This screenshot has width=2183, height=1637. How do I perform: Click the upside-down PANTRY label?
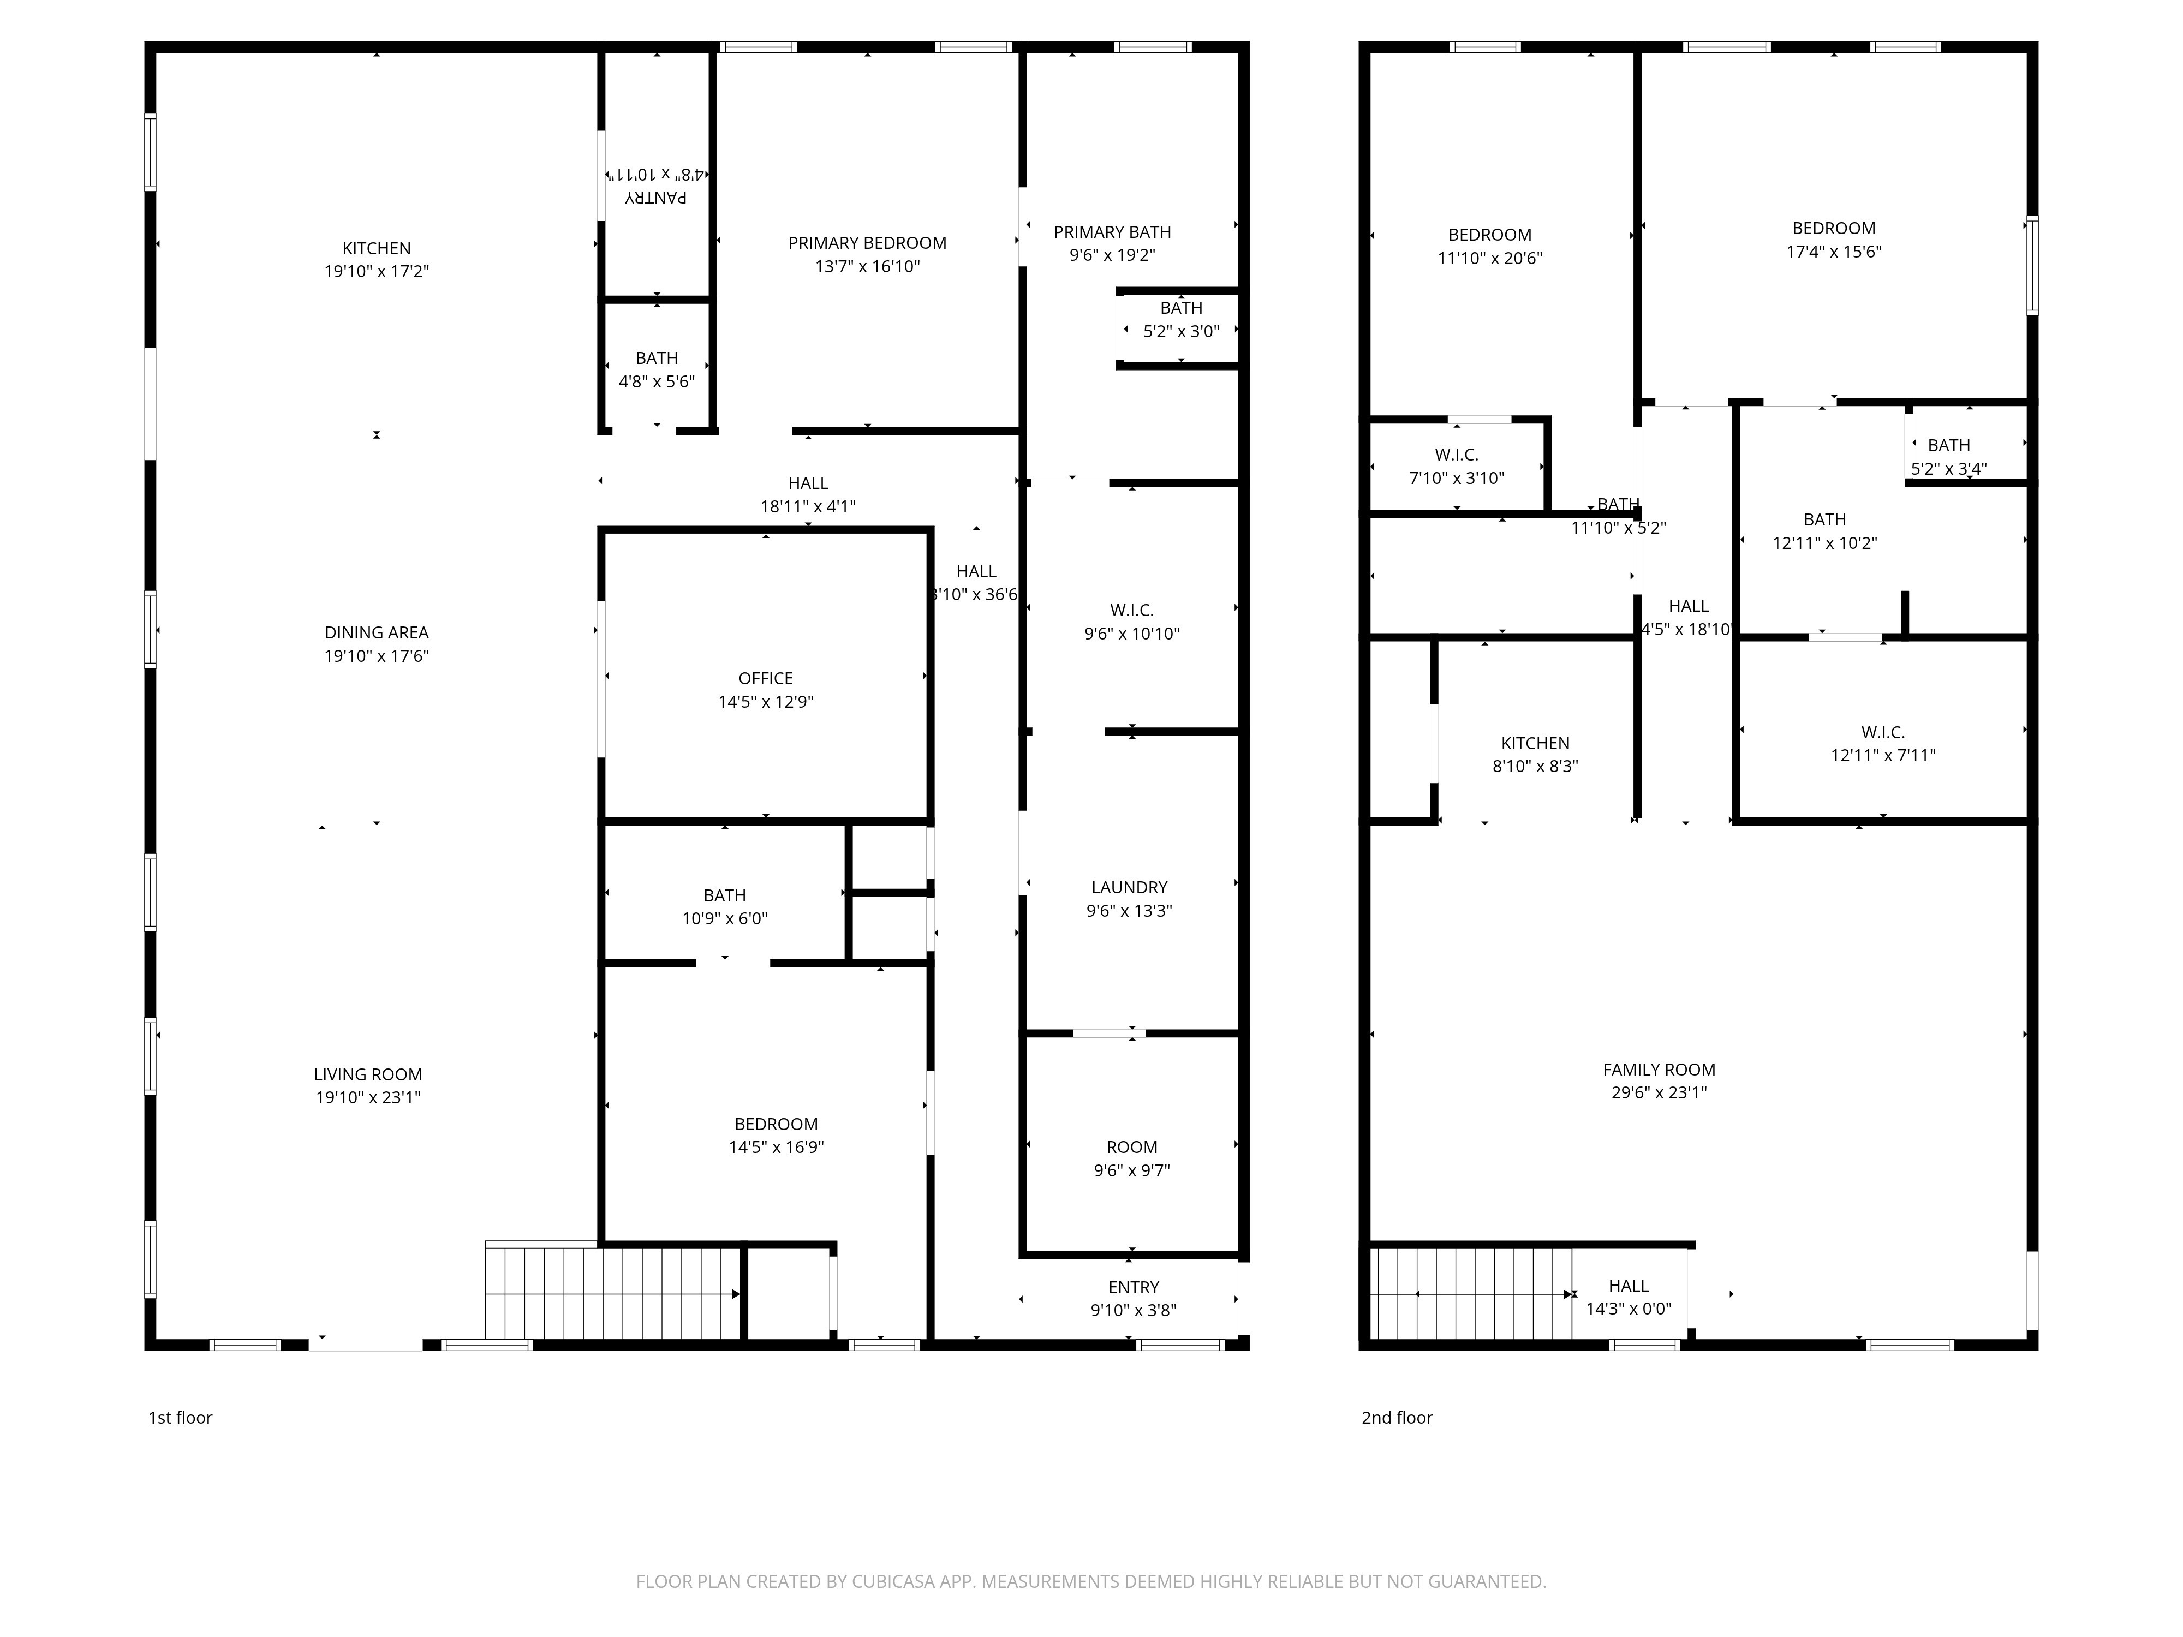point(657,196)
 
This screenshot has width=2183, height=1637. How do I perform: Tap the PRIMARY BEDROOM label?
point(868,243)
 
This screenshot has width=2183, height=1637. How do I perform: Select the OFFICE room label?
point(766,678)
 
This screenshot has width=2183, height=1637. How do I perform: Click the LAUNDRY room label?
point(1130,887)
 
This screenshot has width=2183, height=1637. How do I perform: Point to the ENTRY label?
point(1134,1287)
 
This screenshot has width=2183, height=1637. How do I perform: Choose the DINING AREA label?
point(377,632)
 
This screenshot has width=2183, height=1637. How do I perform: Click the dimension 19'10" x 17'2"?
point(377,271)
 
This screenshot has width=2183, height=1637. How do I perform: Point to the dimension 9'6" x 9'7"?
point(1132,1170)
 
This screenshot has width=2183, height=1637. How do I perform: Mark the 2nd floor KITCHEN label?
point(1536,743)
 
